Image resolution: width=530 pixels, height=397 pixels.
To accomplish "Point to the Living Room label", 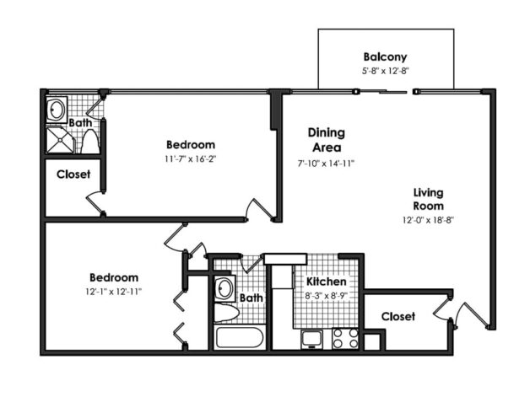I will (x=428, y=199).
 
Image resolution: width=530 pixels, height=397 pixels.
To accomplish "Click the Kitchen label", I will (x=325, y=281).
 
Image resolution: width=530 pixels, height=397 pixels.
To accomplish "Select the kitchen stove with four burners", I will (x=344, y=338).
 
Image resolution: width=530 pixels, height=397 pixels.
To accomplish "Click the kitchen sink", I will (x=311, y=339).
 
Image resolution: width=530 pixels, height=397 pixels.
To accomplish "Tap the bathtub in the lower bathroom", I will (x=240, y=339).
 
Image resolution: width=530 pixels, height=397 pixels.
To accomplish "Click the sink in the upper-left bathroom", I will (x=57, y=110).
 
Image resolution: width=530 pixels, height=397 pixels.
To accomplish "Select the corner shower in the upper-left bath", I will (x=60, y=140).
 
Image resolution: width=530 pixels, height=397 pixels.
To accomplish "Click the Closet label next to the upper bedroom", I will (x=73, y=174).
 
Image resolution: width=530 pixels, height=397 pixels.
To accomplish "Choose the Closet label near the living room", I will (x=397, y=316).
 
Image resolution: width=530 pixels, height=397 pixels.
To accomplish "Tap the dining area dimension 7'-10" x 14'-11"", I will (x=326, y=163).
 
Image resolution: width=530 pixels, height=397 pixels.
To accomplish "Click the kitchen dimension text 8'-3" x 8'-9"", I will (x=325, y=296).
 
